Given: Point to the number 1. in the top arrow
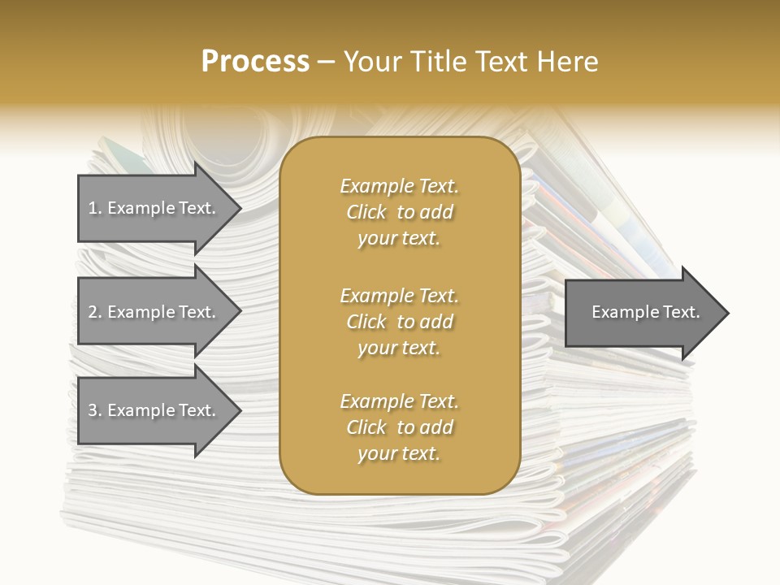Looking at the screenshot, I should [x=94, y=208].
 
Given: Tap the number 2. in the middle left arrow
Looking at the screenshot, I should [x=94, y=312].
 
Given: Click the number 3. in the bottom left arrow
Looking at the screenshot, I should [x=94, y=410].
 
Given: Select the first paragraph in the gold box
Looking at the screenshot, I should [x=399, y=212].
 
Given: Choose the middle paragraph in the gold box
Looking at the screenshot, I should [x=399, y=322].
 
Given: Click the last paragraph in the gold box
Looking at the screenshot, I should [x=399, y=427].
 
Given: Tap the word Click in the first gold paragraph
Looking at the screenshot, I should [x=366, y=212].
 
